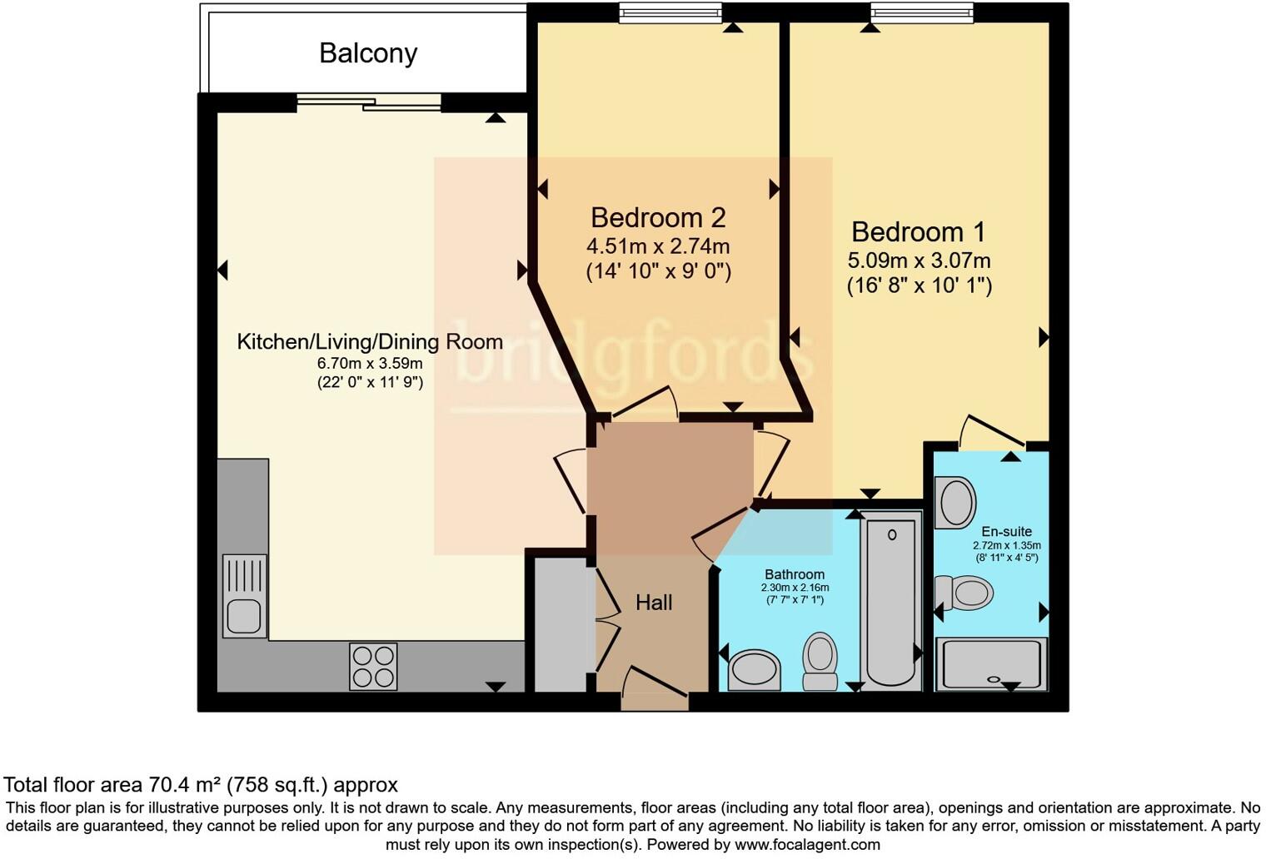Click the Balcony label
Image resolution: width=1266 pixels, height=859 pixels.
[368, 54]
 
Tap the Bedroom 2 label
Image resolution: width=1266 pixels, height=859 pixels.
[659, 217]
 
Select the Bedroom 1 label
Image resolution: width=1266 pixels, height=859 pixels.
[919, 231]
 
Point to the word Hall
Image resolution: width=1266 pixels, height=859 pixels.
[654, 603]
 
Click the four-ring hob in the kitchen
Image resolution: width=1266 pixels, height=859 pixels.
[373, 667]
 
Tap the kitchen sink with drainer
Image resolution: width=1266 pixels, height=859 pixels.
[244, 596]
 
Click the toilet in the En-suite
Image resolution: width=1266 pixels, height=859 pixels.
[964, 593]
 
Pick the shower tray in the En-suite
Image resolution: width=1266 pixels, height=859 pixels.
[992, 664]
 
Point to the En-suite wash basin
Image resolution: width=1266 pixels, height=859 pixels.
[955, 502]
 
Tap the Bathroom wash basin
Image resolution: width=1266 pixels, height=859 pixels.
[755, 671]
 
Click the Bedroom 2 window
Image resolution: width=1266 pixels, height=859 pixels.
[670, 13]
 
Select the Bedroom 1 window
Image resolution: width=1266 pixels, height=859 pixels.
[922, 13]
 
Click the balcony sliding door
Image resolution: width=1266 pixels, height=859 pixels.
[368, 102]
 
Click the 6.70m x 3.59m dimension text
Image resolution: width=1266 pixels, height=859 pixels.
[370, 363]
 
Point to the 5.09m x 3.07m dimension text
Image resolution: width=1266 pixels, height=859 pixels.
[919, 261]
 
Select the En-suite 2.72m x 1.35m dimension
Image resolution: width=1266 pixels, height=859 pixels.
[1007, 545]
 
